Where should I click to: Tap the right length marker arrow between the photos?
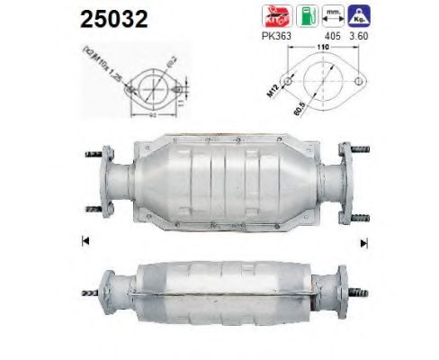(364, 240)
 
